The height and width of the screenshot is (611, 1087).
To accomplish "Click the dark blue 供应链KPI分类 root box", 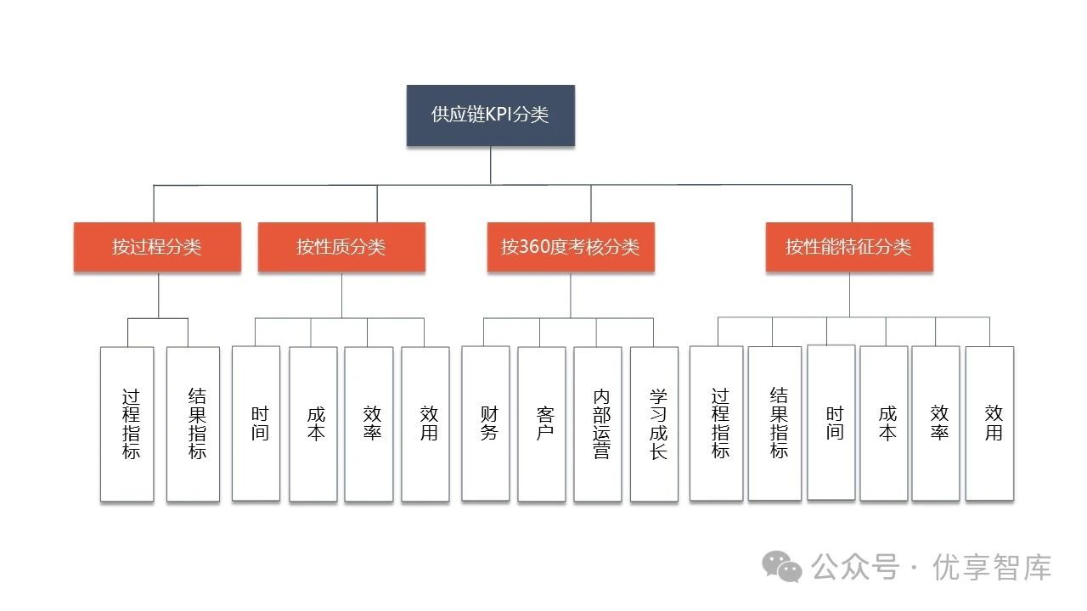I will pyautogui.click(x=490, y=115).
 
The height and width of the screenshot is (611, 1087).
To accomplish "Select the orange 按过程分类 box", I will pyautogui.click(x=157, y=247).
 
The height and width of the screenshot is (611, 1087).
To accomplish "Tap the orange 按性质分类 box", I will pyautogui.click(x=341, y=247).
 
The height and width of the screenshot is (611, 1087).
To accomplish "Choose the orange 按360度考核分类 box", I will pyautogui.click(x=571, y=247).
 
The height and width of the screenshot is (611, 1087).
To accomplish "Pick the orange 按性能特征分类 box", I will pyautogui.click(x=849, y=247).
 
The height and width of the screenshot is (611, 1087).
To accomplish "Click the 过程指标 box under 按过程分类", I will pyautogui.click(x=127, y=423).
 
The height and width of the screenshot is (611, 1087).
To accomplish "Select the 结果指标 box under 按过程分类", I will pyautogui.click(x=193, y=423).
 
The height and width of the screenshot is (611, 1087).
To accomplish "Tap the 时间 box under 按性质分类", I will pyautogui.click(x=256, y=423).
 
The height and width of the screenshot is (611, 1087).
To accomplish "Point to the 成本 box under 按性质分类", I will pyautogui.click(x=313, y=423).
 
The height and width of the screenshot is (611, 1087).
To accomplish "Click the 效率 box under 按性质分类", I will pyautogui.click(x=369, y=423).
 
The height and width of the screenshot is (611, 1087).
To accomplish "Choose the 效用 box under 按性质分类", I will pyautogui.click(x=425, y=423).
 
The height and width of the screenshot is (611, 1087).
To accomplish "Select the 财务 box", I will pyautogui.click(x=486, y=423).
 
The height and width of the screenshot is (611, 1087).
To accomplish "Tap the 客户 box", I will pyautogui.click(x=542, y=423).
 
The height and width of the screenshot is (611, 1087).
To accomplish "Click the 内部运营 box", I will pyautogui.click(x=598, y=423).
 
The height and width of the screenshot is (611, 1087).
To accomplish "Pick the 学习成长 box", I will pyautogui.click(x=655, y=423).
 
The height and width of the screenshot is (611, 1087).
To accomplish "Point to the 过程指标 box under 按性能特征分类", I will pyautogui.click(x=717, y=423).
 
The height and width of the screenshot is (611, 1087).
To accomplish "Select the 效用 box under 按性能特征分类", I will pyautogui.click(x=989, y=423).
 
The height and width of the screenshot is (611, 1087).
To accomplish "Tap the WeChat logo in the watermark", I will pyautogui.click(x=781, y=566).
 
